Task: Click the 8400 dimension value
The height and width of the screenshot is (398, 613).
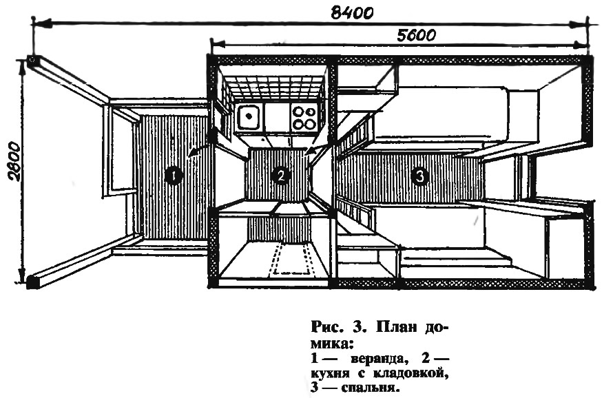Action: click(351, 12)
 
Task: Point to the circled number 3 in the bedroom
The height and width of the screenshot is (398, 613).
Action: click(419, 176)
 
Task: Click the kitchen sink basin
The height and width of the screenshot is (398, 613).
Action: click(249, 116)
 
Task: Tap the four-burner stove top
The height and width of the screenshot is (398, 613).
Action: click(304, 117)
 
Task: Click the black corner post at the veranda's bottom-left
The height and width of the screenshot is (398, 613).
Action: click(33, 281)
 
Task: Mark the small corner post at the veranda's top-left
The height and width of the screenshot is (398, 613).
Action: click(32, 59)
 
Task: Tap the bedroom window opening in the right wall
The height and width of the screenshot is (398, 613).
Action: click(526, 177)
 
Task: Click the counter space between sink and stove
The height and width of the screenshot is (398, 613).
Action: click(277, 118)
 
